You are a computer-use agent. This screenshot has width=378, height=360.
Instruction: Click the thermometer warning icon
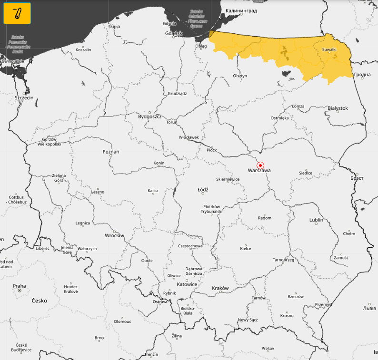pos(17,13)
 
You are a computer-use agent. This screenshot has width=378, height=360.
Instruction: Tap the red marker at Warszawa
pos(260,165)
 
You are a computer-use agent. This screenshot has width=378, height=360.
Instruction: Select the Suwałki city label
pos(329,49)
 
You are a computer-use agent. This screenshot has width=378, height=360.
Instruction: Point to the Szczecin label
pos(24,97)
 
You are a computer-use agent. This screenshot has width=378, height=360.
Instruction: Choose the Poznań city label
pos(111,152)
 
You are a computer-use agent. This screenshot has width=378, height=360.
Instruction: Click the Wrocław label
pos(114,235)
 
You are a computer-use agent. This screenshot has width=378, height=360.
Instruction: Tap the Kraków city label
pos(220,288)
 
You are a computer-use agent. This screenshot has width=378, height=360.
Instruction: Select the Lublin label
pos(316,220)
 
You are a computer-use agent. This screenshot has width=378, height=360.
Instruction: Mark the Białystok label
pos(338,108)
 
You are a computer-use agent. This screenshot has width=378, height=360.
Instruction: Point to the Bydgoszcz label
pos(150,117)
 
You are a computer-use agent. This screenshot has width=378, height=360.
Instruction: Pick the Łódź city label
pos(203,189)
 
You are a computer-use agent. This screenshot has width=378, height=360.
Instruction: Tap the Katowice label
pos(187,284)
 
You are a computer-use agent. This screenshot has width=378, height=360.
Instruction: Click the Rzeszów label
pos(296,296)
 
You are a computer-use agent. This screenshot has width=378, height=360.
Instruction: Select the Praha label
pos(20,286)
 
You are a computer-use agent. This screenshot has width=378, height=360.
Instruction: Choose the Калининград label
pos(241,10)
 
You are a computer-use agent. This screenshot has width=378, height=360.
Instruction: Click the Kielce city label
pos(246,248)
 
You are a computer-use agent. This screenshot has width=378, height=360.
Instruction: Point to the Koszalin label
pos(83,49)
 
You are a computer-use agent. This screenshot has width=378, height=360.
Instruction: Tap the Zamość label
pos(341,258)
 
